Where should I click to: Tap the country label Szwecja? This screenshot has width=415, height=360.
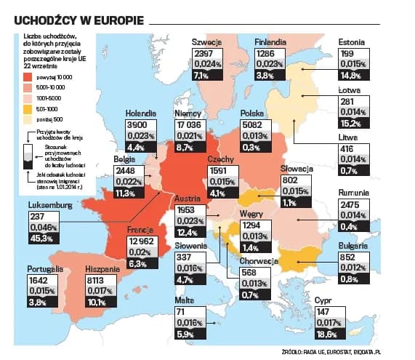coord(207,43)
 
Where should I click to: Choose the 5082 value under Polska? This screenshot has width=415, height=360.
coord(252,124)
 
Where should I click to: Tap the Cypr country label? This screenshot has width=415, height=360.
coord(324,300)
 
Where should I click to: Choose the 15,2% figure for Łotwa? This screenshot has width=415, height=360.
coord(352,123)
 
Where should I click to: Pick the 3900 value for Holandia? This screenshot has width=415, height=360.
coord(138,124)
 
